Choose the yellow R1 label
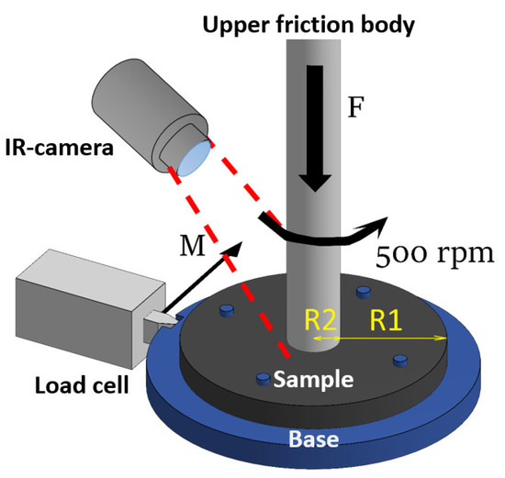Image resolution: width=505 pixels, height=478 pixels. point(386,320)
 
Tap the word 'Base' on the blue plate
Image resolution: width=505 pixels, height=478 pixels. point(317,439)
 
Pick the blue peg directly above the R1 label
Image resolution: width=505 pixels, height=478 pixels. point(364,291)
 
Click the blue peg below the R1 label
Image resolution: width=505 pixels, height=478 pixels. point(399,359)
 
